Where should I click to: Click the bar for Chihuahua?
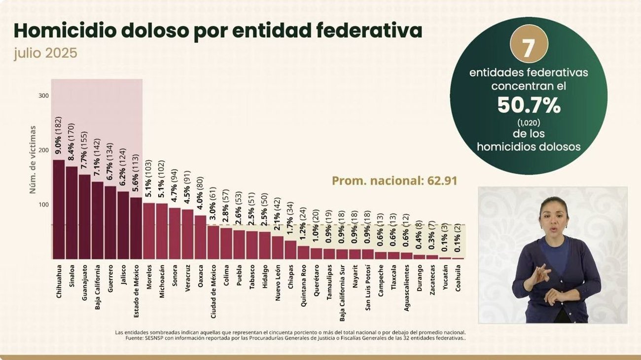coord(59,209)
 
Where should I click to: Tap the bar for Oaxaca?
coord(200,237)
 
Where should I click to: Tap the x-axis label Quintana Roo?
coord(303,288)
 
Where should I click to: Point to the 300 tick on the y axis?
coord(43,96)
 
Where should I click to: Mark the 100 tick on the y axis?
coord(43,205)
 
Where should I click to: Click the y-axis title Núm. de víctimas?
coord(33,159)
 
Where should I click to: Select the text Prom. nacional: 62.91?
coord(394,181)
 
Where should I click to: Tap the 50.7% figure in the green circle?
coord(529,105)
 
